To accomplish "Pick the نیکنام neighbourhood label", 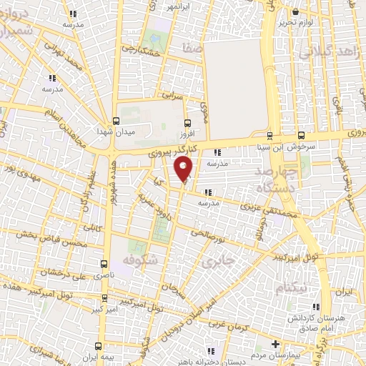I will coord(294,287).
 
